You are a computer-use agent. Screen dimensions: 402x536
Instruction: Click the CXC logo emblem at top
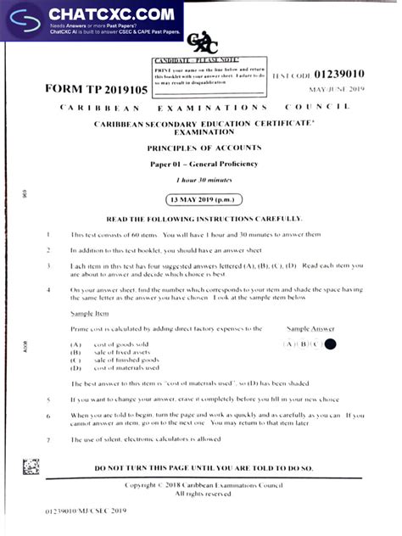197,43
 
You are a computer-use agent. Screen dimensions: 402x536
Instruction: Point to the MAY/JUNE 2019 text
338,89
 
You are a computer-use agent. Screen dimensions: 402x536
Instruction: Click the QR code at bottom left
31,466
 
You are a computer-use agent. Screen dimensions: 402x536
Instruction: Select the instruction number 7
48,439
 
